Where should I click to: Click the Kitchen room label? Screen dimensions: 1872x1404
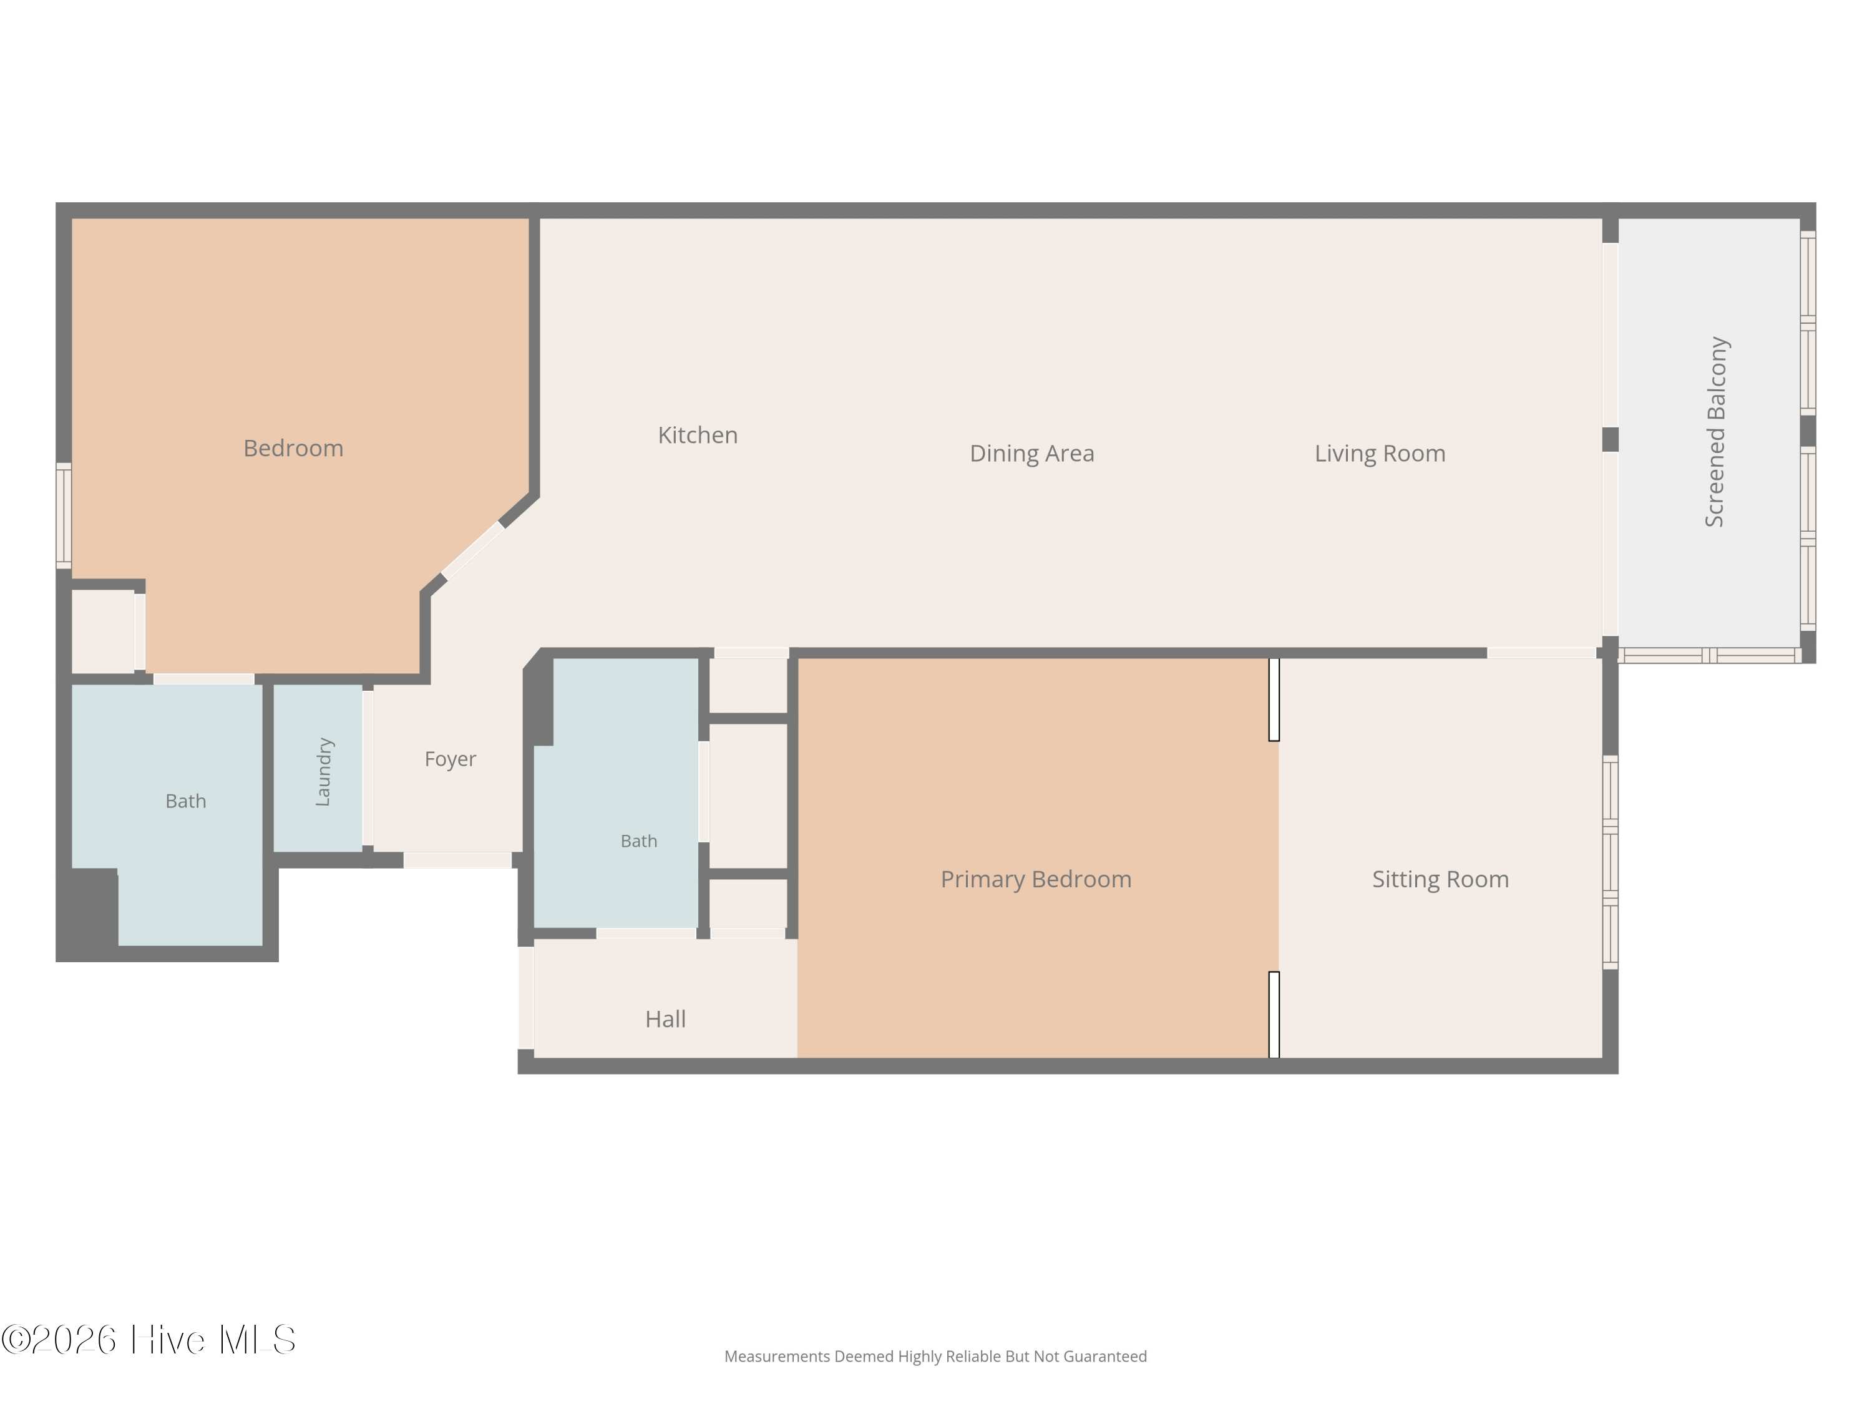(x=698, y=435)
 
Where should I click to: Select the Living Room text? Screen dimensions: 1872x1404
(x=1380, y=454)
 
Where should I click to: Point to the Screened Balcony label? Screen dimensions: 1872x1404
(x=1715, y=432)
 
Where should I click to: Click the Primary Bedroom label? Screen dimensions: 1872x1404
(x=1036, y=879)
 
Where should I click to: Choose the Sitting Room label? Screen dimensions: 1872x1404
(x=1440, y=879)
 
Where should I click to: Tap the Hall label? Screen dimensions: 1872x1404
(x=665, y=1019)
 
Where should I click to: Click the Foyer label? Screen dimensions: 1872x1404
(x=451, y=759)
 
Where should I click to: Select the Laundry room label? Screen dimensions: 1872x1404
(x=323, y=772)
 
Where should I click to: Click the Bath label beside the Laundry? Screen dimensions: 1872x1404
(x=185, y=801)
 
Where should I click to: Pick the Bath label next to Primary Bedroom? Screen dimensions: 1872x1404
(x=639, y=841)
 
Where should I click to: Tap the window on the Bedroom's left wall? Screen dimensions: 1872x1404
(x=64, y=516)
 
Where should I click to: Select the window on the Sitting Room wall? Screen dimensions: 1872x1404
(x=1611, y=862)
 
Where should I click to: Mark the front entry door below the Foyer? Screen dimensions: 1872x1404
(x=457, y=860)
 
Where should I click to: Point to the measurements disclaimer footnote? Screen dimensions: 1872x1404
(x=935, y=1357)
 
